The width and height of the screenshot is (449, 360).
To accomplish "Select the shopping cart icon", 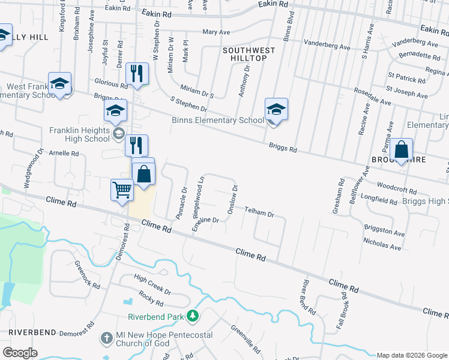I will point(122,190).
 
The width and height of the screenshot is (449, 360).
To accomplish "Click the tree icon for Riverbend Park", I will point(192,315).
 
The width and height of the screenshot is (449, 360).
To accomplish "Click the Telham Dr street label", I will point(259,213).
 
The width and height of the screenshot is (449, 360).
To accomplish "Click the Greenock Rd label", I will point(87,275).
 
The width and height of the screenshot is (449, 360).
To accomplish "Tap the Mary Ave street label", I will point(217,31).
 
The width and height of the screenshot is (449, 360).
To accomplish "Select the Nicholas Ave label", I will point(382,244).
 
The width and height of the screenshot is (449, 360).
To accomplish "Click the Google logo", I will point(20,353).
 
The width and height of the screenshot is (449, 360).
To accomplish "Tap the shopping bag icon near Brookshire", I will point(402,151).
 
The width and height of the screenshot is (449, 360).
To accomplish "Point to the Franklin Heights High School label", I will point(79,134).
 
